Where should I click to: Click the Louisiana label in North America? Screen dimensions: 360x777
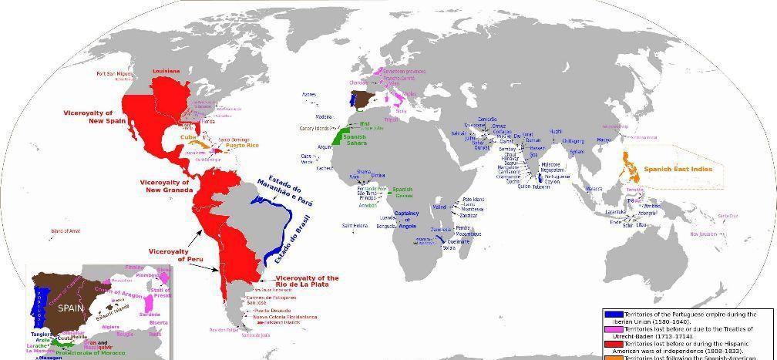166,71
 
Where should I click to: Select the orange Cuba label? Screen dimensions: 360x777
187,137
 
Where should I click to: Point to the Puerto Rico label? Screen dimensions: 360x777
242,146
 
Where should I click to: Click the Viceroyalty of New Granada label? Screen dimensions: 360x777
164,186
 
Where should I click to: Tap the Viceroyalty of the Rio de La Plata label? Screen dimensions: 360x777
306,281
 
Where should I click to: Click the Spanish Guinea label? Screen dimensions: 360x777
402,192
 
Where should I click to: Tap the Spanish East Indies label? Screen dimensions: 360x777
678,169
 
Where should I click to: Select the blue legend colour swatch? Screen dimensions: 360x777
613,315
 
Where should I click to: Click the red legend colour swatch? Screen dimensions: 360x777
613,343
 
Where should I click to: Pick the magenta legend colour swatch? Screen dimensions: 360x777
613,329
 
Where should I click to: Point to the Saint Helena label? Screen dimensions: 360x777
355,225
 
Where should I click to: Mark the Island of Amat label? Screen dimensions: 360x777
65,230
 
